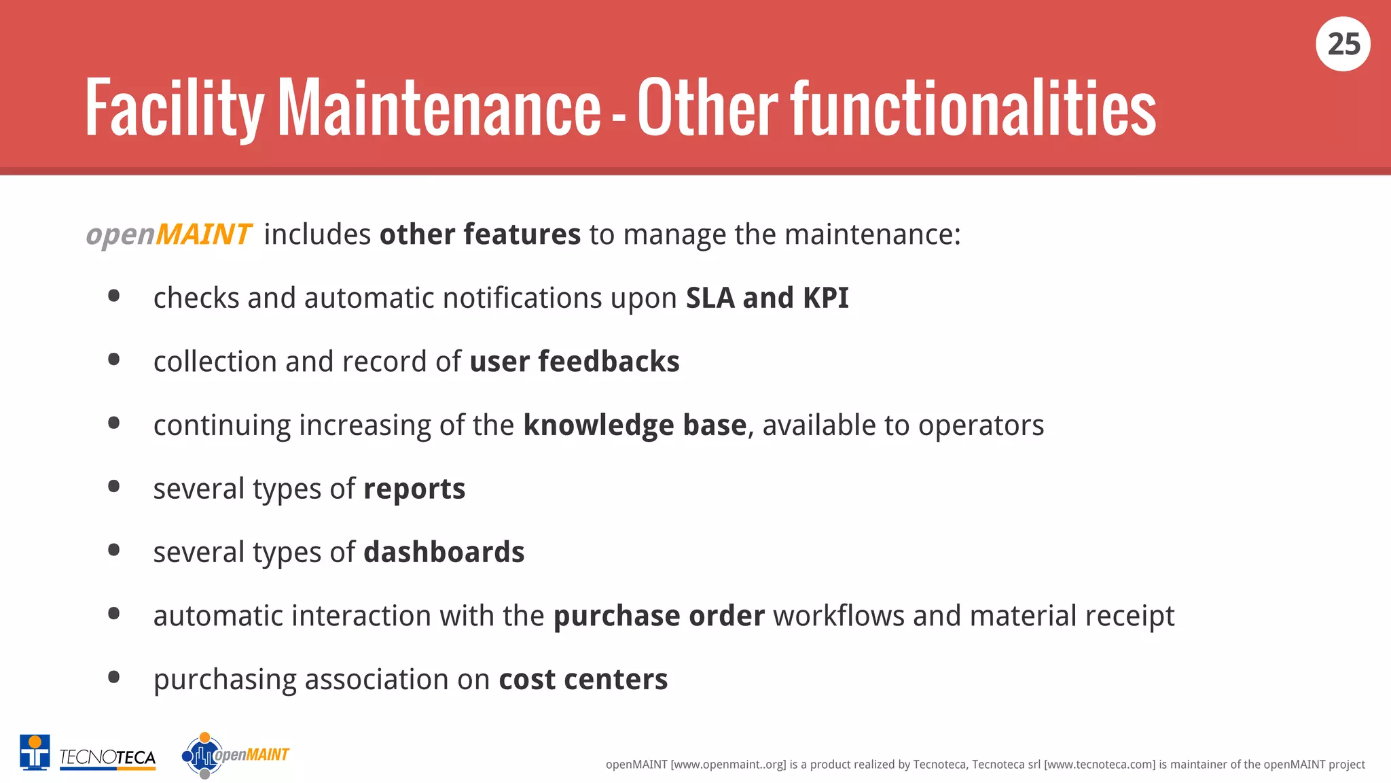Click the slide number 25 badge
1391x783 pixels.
[x=1343, y=44]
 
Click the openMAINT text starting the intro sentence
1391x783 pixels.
[x=169, y=234]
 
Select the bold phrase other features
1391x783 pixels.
[x=480, y=234]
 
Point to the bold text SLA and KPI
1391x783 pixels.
[x=767, y=298]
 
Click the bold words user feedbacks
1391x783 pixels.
[x=574, y=362]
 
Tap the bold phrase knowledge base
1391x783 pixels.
[x=634, y=425]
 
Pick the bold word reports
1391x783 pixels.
[x=414, y=489]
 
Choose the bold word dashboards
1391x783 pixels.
[x=444, y=553]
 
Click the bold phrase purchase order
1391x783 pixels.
[x=659, y=616]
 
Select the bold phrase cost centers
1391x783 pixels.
[x=583, y=680]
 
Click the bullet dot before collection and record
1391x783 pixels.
[x=114, y=360]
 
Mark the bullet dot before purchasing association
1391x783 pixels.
[x=114, y=677]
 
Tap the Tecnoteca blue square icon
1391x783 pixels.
[x=35, y=752]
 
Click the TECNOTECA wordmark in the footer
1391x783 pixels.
[x=107, y=757]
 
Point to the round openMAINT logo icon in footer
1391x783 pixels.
[x=202, y=755]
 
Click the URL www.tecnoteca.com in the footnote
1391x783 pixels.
[x=1099, y=765]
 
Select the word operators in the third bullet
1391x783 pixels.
[x=981, y=425]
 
